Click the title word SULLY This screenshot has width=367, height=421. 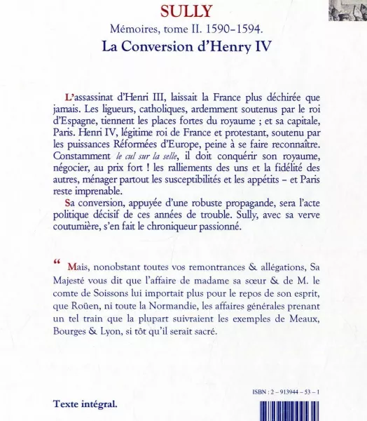184,11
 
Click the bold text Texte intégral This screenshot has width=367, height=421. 85,405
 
